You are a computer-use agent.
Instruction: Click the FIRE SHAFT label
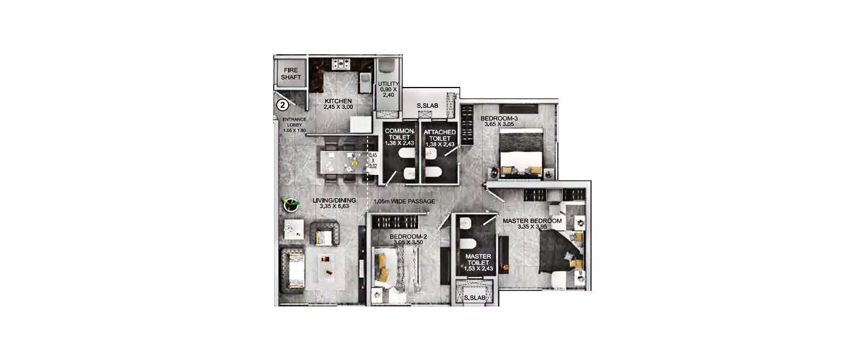pyautogui.click(x=291, y=74)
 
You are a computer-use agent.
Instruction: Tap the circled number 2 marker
pyautogui.click(x=282, y=105)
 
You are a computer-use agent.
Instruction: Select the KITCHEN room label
pyautogui.click(x=338, y=103)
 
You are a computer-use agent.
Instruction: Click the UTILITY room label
pyautogui.click(x=388, y=90)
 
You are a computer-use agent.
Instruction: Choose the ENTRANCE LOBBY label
pyautogui.click(x=294, y=125)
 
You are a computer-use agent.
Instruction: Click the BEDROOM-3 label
pyautogui.click(x=499, y=121)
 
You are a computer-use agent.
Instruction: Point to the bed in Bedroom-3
pyautogui.click(x=521, y=151)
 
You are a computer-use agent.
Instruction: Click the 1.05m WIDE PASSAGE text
pyautogui.click(x=404, y=202)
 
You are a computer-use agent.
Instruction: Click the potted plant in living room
pyautogui.click(x=290, y=204)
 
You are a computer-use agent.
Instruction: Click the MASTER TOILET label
pyautogui.click(x=478, y=263)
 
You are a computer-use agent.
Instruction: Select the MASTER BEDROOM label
pyautogui.click(x=532, y=223)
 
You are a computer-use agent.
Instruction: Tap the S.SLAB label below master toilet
pyautogui.click(x=475, y=298)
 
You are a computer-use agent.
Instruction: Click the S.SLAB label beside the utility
pyautogui.click(x=428, y=106)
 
